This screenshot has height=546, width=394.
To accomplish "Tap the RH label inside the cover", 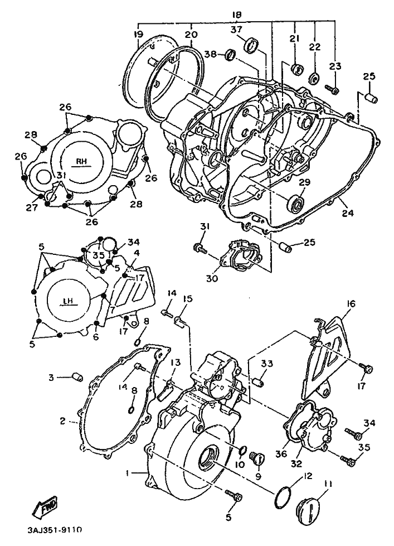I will [x=82, y=161].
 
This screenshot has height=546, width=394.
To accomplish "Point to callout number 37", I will [x=237, y=30].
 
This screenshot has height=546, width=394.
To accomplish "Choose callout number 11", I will [x=328, y=485].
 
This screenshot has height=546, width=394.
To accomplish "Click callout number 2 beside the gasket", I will [x=63, y=420].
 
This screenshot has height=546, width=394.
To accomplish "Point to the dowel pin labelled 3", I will [x=76, y=378].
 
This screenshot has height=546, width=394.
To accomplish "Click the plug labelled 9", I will [x=257, y=457].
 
